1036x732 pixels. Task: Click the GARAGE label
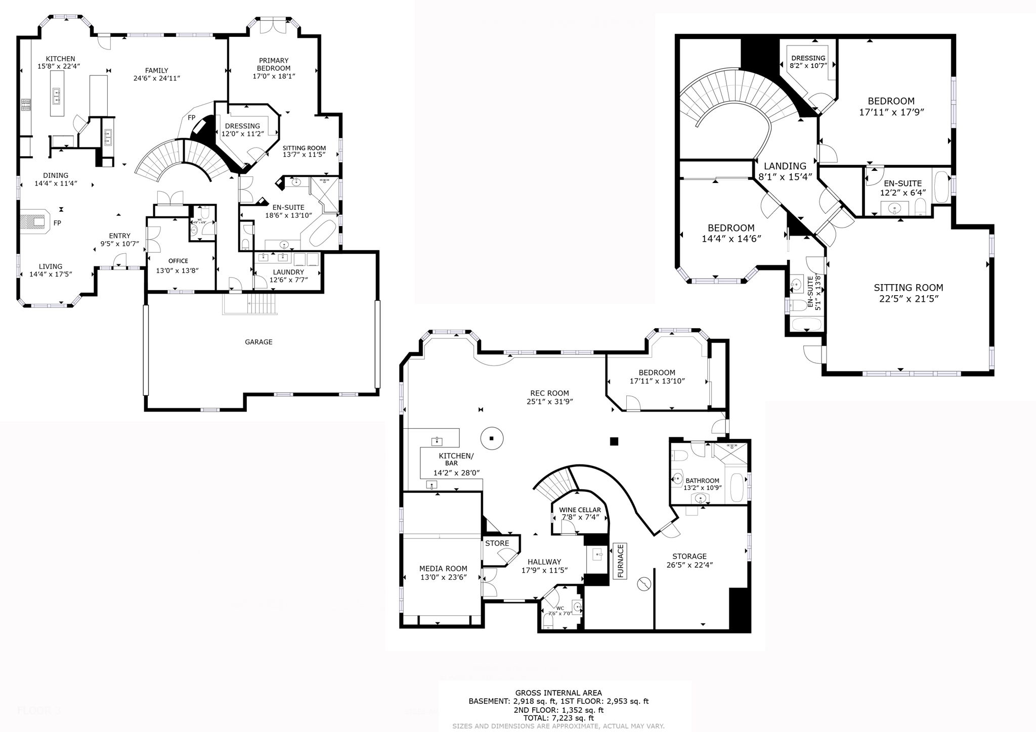(258, 342)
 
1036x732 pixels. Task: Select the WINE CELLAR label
(580, 510)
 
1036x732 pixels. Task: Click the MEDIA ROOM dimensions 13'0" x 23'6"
(443, 577)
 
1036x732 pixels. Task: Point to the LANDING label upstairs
(785, 166)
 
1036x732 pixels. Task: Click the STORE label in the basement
(497, 543)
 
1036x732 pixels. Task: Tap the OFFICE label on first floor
(178, 261)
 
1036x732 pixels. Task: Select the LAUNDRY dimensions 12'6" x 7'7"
(288, 280)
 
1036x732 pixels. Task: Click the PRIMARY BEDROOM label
(273, 64)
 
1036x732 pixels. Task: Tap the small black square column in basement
(614, 441)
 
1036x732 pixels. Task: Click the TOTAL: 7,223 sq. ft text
(558, 718)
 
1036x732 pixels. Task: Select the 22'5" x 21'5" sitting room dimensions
(909, 299)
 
